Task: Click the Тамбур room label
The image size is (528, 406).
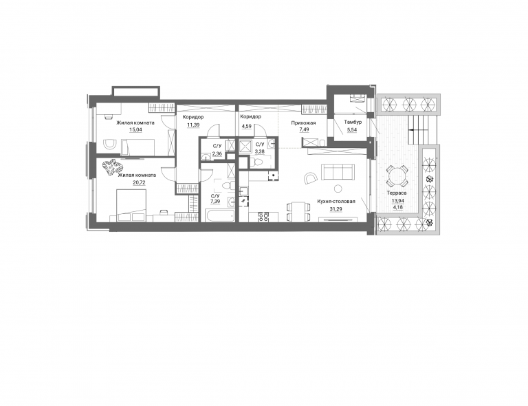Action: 353,122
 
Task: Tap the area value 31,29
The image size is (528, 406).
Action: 336,209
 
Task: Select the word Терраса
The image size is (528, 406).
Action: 397,193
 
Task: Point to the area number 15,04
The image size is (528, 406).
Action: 135,129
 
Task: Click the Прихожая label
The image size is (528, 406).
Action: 303,123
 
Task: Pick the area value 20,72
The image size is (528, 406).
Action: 137,182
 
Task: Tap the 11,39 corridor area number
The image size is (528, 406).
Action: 193,125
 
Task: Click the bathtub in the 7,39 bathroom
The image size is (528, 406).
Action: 219,215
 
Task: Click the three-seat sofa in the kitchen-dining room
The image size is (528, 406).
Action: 338,172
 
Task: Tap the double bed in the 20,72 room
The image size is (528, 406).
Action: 131,205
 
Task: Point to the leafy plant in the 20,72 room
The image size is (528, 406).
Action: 113,167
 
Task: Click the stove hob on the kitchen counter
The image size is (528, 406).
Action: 263,217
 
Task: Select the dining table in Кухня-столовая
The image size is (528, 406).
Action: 298,211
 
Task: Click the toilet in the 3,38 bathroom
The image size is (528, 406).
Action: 258,162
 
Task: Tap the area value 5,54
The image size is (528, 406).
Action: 352,129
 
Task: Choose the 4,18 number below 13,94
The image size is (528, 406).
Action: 397,207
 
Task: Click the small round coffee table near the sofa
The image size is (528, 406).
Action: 338,188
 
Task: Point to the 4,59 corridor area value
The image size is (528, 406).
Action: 246,125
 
